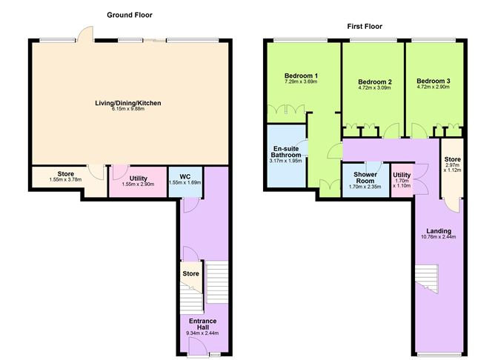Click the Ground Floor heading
click(x=130, y=15)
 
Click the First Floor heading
click(x=365, y=26)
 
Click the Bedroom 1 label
click(x=301, y=76)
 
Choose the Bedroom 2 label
click(x=374, y=81)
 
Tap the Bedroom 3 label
click(x=433, y=81)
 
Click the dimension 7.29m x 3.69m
click(x=301, y=83)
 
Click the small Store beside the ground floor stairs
click(x=190, y=274)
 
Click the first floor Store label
click(x=451, y=160)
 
